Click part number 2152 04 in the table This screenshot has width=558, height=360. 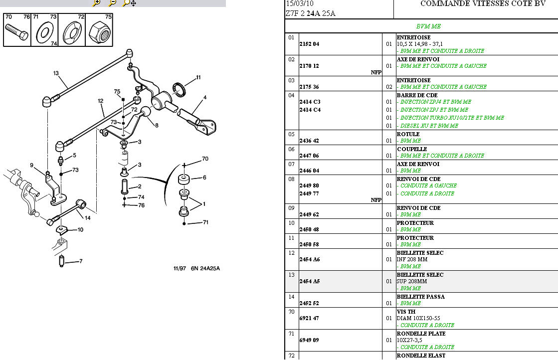click(309, 44)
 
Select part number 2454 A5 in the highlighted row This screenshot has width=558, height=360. click(309, 281)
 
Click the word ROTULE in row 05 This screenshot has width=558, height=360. click(408, 134)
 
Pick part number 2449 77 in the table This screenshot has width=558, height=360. click(309, 193)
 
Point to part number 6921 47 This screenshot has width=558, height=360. click(309, 318)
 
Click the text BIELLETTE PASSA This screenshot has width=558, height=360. click(420, 297)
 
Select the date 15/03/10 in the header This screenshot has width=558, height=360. click(297, 3)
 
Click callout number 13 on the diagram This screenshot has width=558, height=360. click(56, 73)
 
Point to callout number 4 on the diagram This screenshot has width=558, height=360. click(204, 97)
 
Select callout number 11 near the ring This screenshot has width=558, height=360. click(198, 77)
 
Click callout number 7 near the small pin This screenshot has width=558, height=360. click(81, 261)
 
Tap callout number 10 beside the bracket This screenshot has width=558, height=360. click(80, 230)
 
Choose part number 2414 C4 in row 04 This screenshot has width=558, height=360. click(310, 110)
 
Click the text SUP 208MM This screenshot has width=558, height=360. click(412, 282)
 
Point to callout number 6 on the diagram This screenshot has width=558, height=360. click(204, 178)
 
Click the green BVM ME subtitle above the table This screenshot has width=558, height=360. click(428, 26)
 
